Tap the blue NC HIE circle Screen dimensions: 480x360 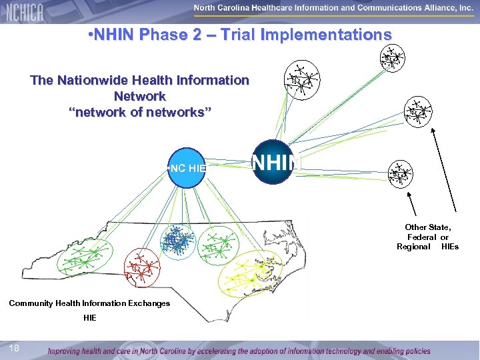click(187, 167)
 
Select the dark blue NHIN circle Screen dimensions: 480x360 click(273, 162)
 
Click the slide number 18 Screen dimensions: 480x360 click(15, 348)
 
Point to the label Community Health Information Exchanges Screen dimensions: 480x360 click(89, 303)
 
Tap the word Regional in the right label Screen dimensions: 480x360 click(413, 247)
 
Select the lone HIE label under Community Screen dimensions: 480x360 click(90, 318)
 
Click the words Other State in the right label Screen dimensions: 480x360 click(427, 227)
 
